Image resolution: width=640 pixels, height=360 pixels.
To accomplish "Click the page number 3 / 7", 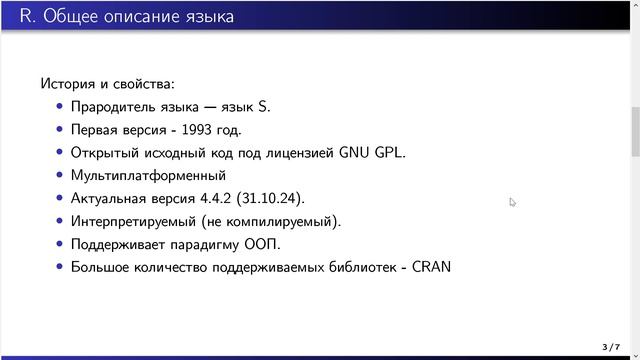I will click(x=610, y=347).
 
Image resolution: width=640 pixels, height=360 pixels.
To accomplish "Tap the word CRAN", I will click(x=431, y=267).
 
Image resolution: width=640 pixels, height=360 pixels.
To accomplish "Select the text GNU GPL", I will click(x=372, y=153).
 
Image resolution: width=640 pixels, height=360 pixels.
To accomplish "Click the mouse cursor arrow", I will click(x=512, y=201).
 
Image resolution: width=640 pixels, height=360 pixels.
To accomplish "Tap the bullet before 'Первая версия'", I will click(x=60, y=130).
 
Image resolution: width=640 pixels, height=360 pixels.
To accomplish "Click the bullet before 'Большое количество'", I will click(x=60, y=267).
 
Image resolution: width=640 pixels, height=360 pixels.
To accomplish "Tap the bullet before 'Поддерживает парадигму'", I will click(x=60, y=244).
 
